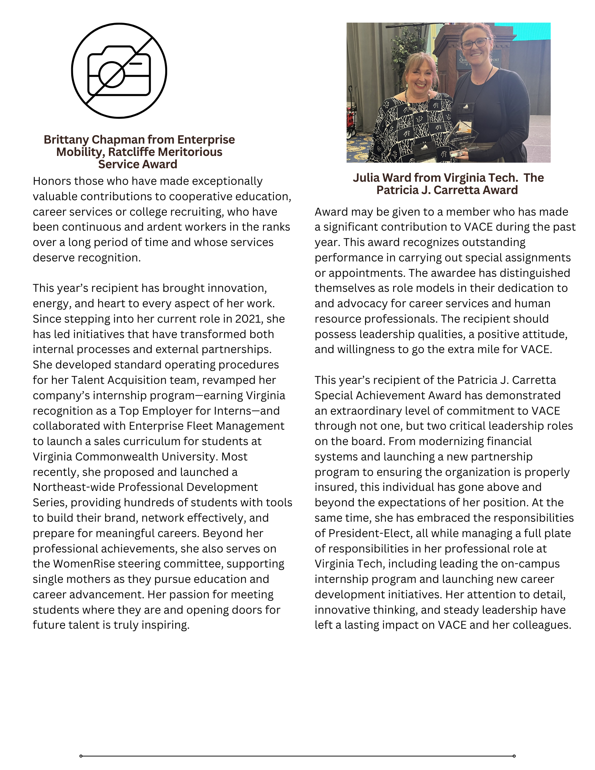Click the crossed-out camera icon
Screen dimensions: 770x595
tap(119, 70)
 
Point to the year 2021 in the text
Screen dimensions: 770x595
tap(248, 319)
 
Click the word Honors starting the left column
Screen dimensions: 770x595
tap(51, 181)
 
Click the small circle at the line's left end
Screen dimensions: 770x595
tap(81, 756)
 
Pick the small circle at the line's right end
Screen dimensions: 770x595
tap(514, 756)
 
